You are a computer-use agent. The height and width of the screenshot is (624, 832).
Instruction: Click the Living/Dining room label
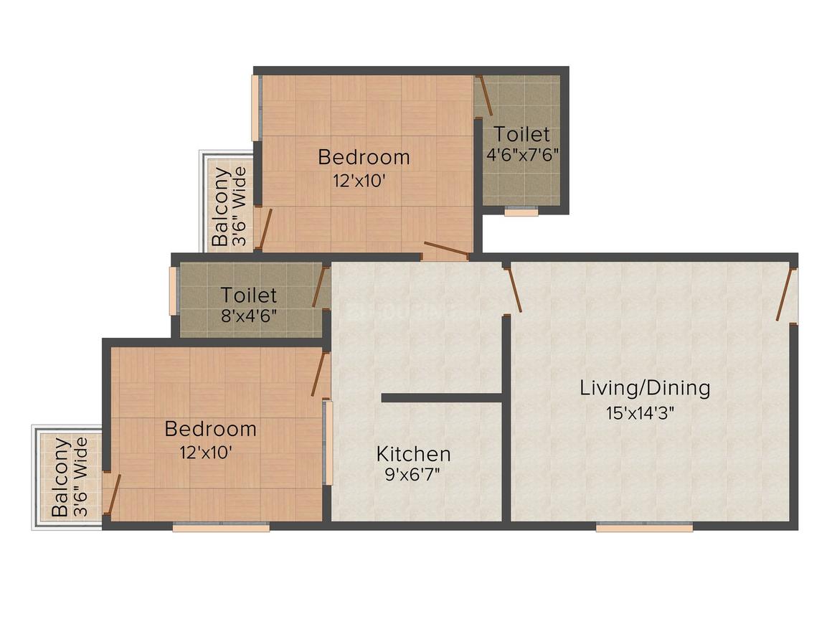point(645,388)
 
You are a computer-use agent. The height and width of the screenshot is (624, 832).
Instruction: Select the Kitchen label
point(414,454)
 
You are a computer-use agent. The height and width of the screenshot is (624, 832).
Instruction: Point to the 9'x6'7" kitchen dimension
point(414,474)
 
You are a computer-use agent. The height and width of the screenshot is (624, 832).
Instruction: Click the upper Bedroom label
point(364,156)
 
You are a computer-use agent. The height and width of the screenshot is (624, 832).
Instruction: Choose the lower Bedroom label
point(210,429)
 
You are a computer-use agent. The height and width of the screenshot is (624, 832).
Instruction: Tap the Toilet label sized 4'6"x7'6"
point(522,134)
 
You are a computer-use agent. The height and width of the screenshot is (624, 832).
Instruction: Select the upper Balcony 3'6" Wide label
point(229,207)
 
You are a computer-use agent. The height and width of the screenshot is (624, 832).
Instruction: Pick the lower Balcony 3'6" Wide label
point(70,477)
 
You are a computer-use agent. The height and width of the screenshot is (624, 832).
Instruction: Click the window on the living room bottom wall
point(644,527)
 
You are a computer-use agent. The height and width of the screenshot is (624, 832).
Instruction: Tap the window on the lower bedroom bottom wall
point(221,527)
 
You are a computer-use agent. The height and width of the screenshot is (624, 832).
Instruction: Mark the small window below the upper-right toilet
point(521,212)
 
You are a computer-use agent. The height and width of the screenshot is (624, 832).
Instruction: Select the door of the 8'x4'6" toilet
point(319,287)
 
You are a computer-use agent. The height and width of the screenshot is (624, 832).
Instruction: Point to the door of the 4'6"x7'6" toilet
point(485,95)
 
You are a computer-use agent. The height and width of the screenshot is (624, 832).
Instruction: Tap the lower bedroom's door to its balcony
point(113,494)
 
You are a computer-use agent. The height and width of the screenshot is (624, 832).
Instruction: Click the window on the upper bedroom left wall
point(255,108)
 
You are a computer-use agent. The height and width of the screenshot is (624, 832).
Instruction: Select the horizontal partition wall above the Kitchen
point(441,397)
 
